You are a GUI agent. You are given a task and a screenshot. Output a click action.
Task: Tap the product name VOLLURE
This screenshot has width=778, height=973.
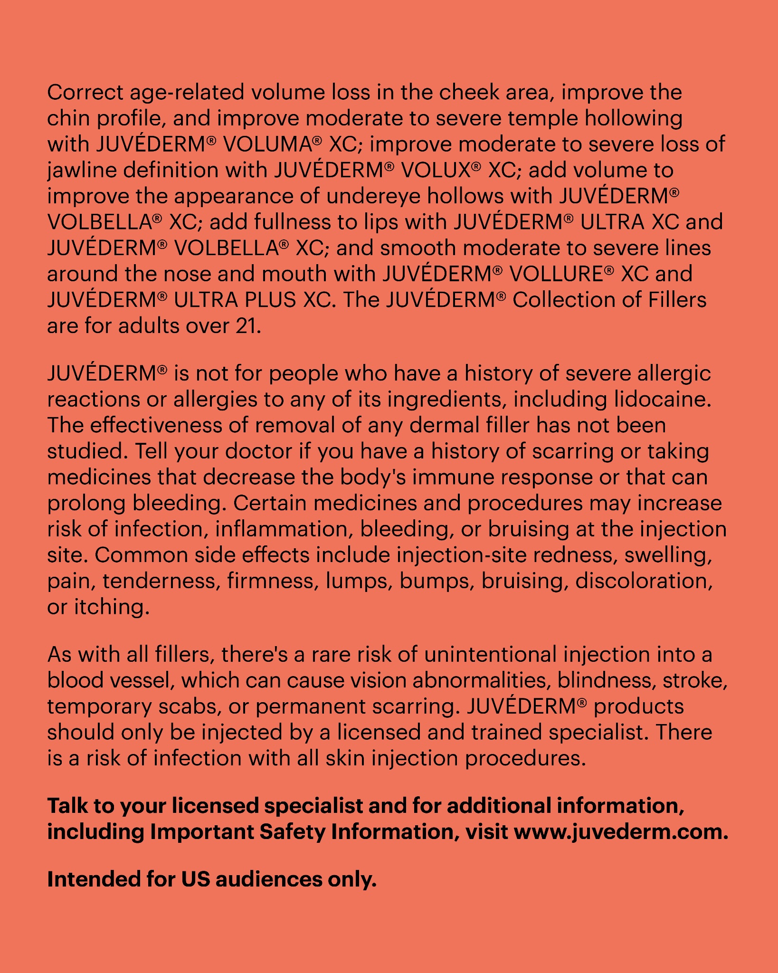[x=556, y=274]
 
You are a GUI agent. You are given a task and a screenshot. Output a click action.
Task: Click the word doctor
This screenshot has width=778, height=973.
[x=258, y=451]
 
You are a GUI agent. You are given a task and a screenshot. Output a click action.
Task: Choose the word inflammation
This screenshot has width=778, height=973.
[x=284, y=529]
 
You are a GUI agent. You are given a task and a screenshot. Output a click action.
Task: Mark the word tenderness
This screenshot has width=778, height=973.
[x=161, y=581]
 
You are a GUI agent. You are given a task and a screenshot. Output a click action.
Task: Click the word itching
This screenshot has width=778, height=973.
[x=112, y=607]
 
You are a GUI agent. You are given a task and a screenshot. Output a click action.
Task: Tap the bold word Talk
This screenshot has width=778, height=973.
[x=67, y=806]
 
